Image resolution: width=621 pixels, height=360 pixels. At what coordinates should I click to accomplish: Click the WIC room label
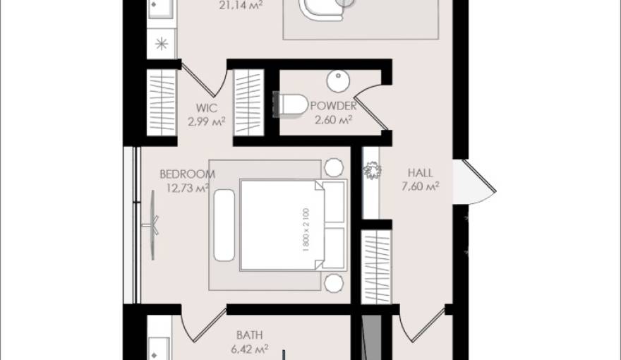(206, 109)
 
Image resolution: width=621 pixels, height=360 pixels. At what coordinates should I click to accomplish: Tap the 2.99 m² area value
(206, 121)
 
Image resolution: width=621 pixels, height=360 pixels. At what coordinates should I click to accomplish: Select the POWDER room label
(333, 107)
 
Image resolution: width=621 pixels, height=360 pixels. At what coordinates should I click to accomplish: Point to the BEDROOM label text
(187, 174)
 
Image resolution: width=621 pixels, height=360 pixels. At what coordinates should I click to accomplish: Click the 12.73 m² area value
(187, 188)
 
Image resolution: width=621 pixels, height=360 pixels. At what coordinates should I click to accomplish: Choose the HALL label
(421, 173)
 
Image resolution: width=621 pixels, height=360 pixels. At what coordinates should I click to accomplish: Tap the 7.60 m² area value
(421, 186)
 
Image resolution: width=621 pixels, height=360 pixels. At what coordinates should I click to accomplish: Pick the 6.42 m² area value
(250, 348)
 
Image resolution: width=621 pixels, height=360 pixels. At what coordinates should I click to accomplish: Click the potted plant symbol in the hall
(371, 172)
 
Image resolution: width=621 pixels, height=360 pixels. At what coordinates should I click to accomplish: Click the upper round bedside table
(334, 167)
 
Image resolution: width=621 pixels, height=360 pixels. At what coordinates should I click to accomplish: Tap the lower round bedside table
(334, 283)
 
